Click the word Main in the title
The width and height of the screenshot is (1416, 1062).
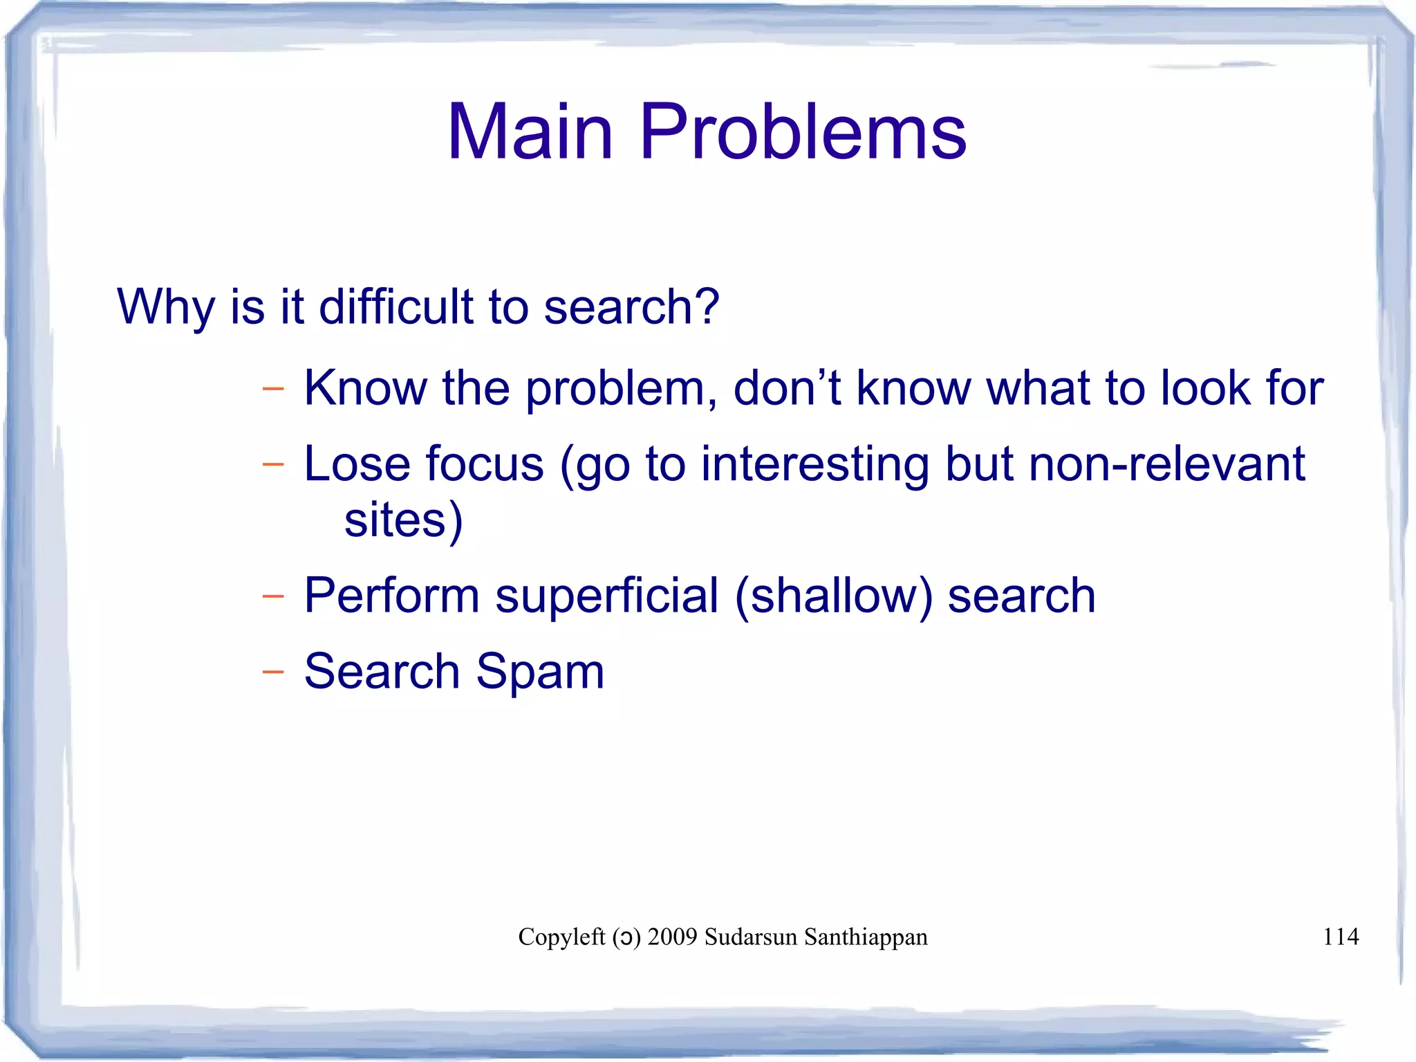click(530, 131)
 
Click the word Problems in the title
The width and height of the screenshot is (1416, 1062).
click(803, 131)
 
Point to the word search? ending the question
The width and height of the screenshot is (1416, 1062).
click(631, 306)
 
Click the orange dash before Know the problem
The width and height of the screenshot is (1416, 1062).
click(273, 389)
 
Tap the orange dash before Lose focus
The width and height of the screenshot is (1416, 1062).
click(273, 464)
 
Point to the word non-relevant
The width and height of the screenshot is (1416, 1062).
click(1166, 464)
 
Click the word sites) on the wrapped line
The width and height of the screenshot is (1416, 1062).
click(403, 520)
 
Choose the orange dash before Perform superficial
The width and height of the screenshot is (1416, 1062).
click(273, 596)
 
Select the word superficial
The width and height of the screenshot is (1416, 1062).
click(607, 596)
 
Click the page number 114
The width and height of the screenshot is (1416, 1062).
click(1340, 937)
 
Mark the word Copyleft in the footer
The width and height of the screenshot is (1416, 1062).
click(561, 937)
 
